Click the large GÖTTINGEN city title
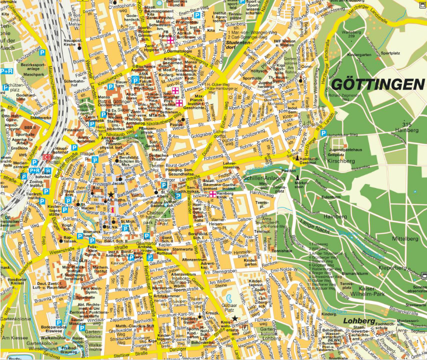point(378,84)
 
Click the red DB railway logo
point(46,157)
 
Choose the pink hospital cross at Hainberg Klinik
point(213,194)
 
